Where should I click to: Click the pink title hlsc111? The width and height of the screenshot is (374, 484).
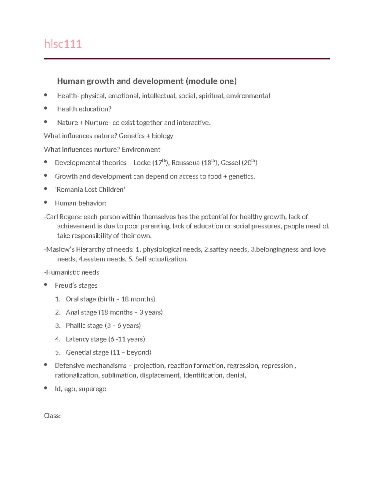pyautogui.click(x=63, y=44)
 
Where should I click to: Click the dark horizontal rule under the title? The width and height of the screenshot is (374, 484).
pyautogui.click(x=187, y=59)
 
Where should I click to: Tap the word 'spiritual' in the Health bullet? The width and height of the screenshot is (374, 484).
pyautogui.click(x=211, y=96)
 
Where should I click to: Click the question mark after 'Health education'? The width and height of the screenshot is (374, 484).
pyautogui.click(x=110, y=109)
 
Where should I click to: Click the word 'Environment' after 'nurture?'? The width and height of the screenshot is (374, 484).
pyautogui.click(x=141, y=150)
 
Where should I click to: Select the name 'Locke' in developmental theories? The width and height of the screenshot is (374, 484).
pyautogui.click(x=142, y=163)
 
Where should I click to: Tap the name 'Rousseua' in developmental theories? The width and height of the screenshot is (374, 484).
pyautogui.click(x=185, y=163)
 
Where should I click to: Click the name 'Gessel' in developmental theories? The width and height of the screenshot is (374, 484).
pyautogui.click(x=230, y=163)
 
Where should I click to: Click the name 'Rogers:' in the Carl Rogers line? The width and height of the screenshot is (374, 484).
pyautogui.click(x=70, y=217)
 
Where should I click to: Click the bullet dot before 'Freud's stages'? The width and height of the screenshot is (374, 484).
pyautogui.click(x=46, y=285)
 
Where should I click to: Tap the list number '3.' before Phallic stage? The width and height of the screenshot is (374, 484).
pyautogui.click(x=58, y=326)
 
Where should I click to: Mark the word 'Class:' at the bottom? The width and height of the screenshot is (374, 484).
pyautogui.click(x=52, y=416)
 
